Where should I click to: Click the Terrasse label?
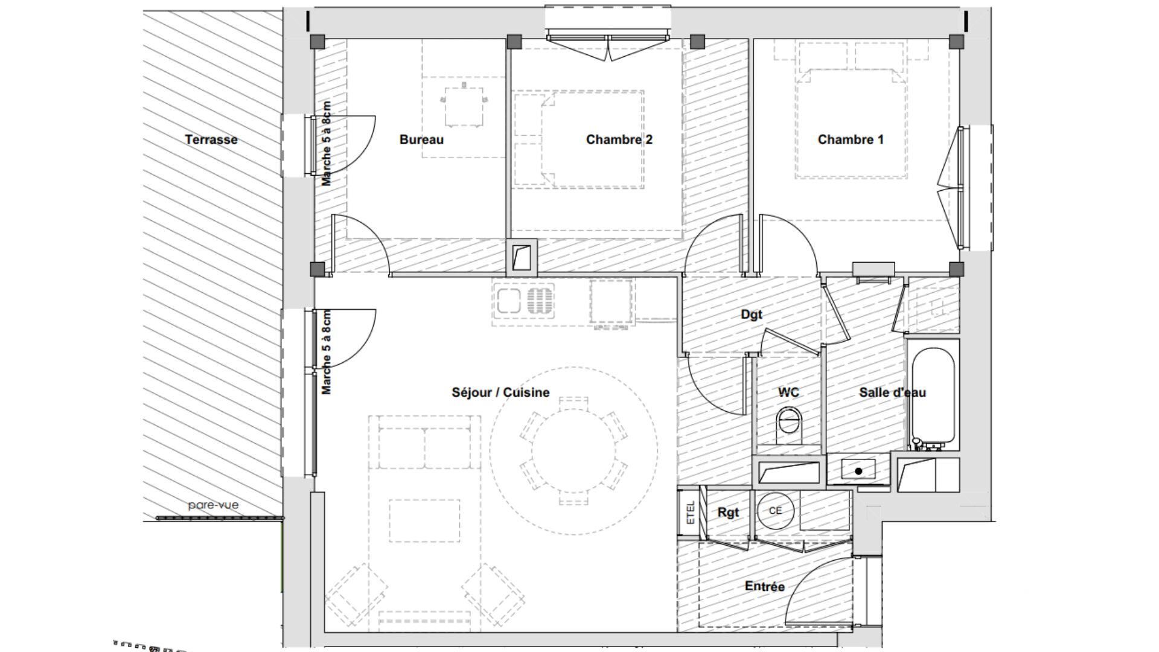pyautogui.click(x=211, y=139)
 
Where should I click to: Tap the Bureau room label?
pyautogui.click(x=421, y=139)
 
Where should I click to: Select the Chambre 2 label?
pyautogui.click(x=619, y=139)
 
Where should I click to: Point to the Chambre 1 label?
pyautogui.click(x=851, y=139)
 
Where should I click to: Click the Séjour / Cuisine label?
pyautogui.click(x=500, y=392)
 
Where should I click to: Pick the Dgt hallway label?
pyautogui.click(x=751, y=315)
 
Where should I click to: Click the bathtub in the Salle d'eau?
pyautogui.click(x=932, y=396)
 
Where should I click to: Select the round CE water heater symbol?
pyautogui.click(x=775, y=511)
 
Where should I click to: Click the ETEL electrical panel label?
pyautogui.click(x=691, y=513)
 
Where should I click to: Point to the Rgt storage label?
pyautogui.click(x=728, y=513)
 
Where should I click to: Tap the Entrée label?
pyautogui.click(x=764, y=586)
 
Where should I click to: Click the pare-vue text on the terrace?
pyautogui.click(x=213, y=505)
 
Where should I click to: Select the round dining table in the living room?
pyautogui.click(x=573, y=450)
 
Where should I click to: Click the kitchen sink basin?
pyautogui.click(x=508, y=301)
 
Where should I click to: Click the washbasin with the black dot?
pyautogui.click(x=858, y=470)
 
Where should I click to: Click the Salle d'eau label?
pyautogui.click(x=892, y=392)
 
